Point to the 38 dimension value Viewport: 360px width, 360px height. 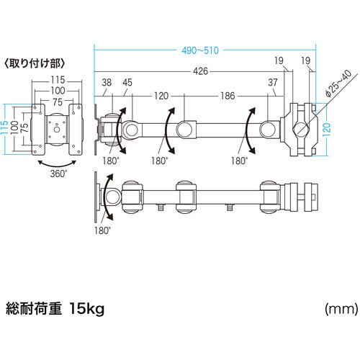click(x=107, y=82)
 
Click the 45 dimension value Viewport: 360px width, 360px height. click(x=127, y=82)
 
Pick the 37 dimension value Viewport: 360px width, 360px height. click(x=272, y=82)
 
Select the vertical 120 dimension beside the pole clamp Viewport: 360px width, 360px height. click(x=328, y=130)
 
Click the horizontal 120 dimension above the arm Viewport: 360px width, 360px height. click(x=160, y=95)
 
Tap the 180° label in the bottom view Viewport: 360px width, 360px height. click(x=102, y=230)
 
